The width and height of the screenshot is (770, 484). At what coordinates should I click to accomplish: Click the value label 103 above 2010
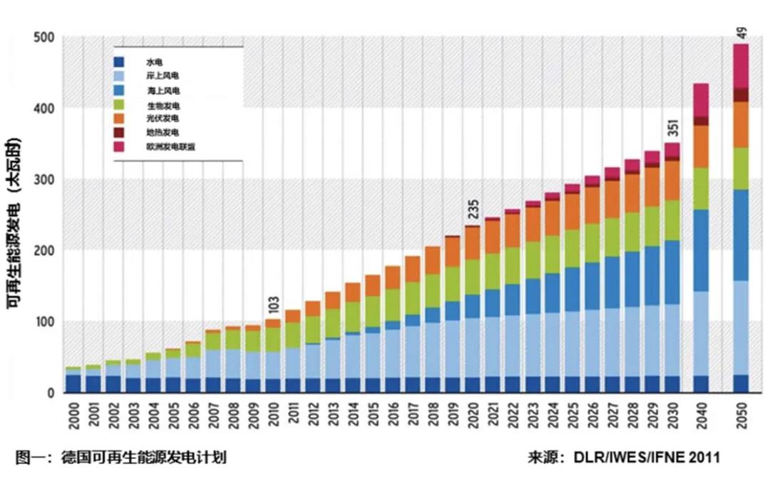coord(273,305)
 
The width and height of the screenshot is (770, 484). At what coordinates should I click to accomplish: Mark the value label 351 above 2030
coord(673,128)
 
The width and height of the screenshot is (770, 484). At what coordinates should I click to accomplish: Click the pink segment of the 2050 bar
coord(741,66)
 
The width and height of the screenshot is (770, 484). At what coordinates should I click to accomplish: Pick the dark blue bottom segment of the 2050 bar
coord(741,383)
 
